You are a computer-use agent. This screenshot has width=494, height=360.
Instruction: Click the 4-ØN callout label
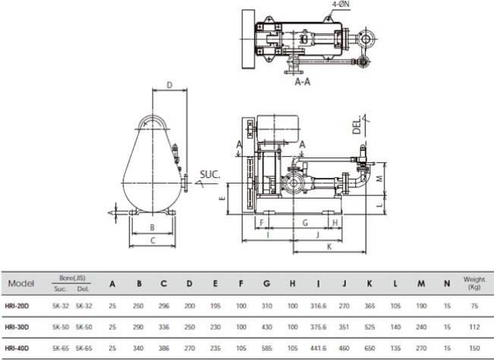341,4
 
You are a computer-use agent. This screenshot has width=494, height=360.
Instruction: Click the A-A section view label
302,82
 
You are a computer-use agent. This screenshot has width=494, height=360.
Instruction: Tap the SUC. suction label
210,174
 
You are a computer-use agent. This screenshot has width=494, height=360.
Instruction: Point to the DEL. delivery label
357,125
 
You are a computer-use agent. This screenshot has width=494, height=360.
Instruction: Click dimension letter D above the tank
170,85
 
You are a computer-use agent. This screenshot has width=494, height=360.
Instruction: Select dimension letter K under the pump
330,246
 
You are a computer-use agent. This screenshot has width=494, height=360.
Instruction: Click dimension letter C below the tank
152,240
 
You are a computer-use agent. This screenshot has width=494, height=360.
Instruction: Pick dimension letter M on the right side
380,178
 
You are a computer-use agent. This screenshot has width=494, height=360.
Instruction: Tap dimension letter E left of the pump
222,198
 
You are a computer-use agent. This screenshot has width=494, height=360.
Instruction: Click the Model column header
20,283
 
